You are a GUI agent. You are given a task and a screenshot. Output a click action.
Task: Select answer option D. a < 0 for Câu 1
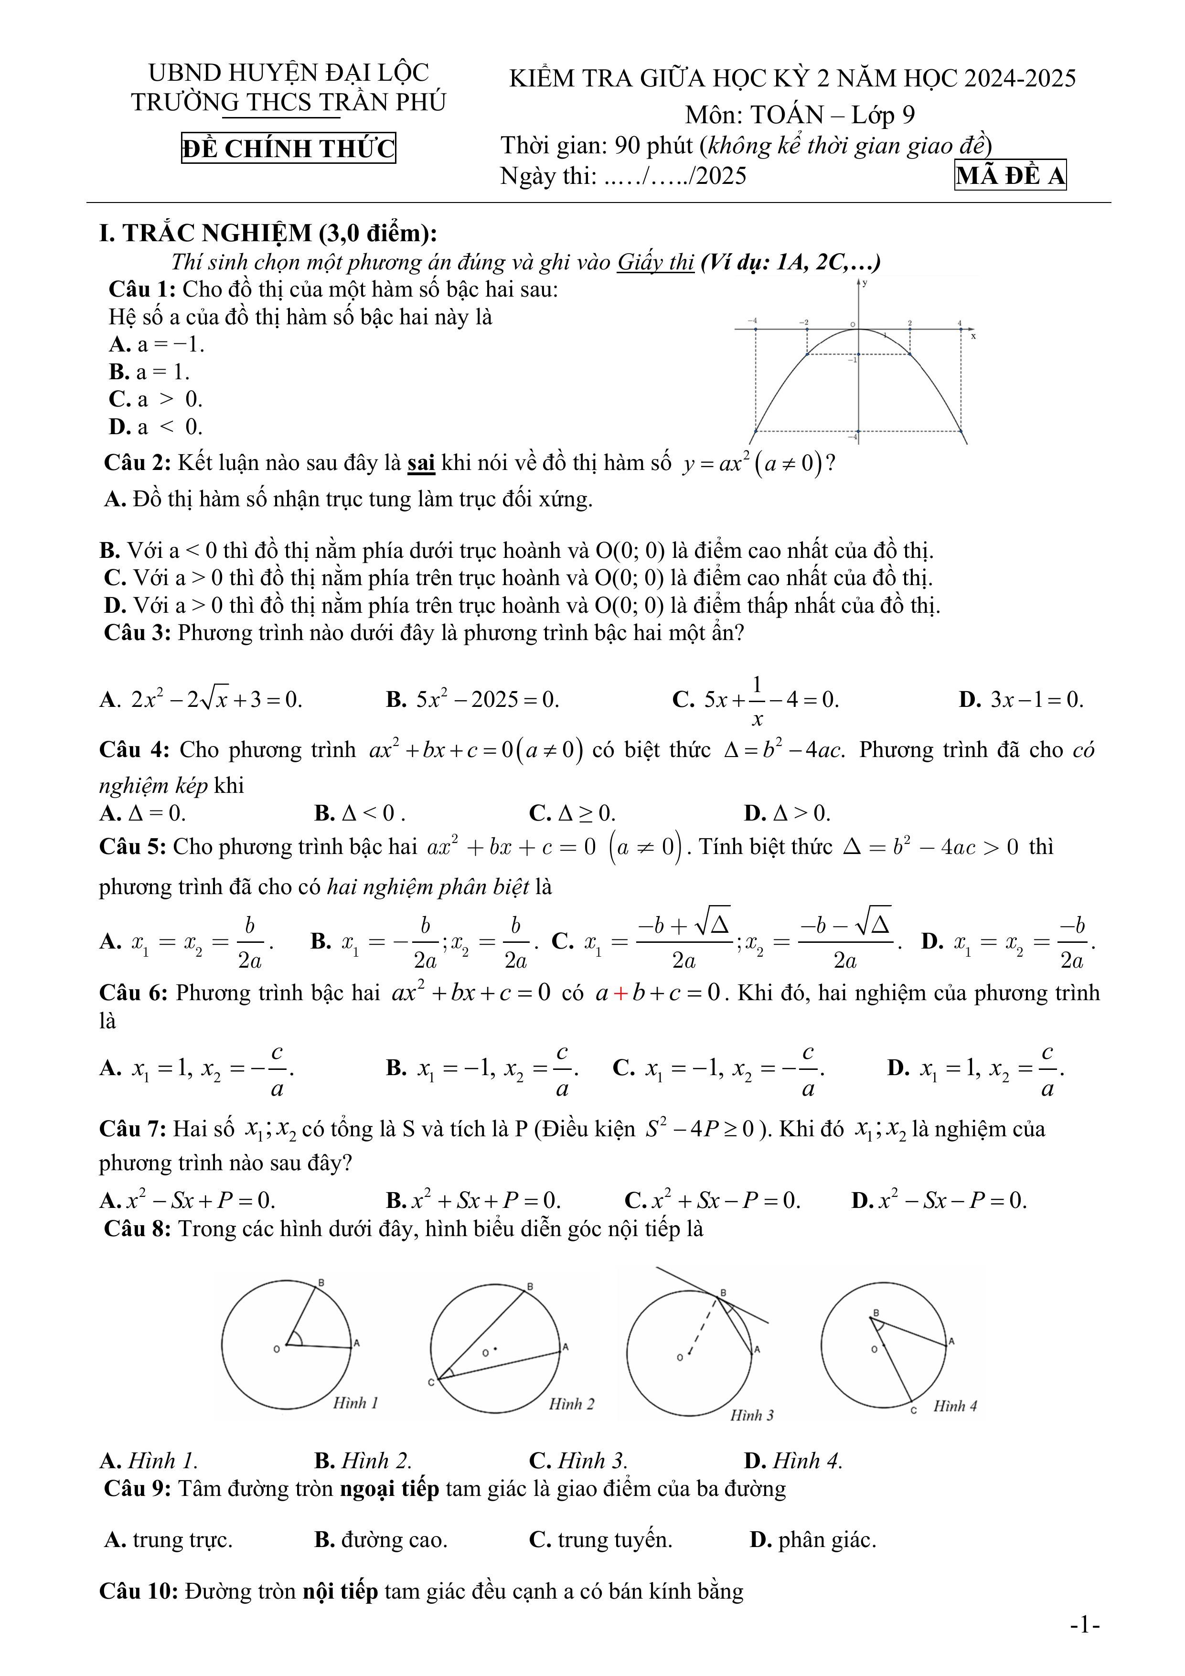[156, 427]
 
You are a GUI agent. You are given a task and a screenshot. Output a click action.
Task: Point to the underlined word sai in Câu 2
[421, 463]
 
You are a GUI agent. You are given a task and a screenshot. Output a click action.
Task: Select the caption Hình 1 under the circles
[355, 1402]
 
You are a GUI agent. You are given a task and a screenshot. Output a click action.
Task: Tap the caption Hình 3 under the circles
[752, 1415]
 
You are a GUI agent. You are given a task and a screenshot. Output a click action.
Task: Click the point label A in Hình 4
[951, 1341]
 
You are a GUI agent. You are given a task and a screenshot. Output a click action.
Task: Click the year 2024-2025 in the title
[1020, 78]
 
